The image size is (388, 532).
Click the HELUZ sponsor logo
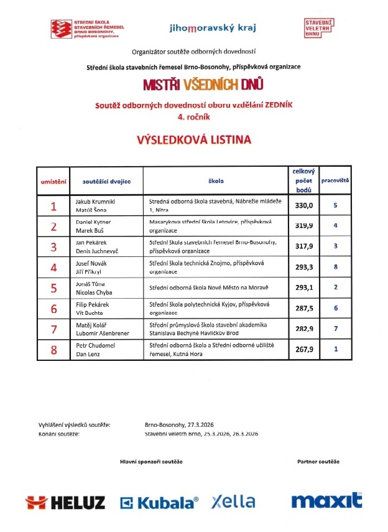pyautogui.click(x=65, y=502)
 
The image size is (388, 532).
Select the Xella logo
pyautogui.click(x=233, y=501)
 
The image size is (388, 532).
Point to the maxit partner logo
pyautogui.click(x=326, y=500)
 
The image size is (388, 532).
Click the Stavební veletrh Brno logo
pyautogui.click(x=318, y=29)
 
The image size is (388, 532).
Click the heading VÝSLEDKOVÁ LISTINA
pyautogui.click(x=194, y=140)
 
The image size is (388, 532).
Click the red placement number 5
pyautogui.click(x=53, y=287)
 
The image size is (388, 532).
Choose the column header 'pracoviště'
pyautogui.click(x=335, y=180)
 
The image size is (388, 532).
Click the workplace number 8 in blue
pyautogui.click(x=335, y=267)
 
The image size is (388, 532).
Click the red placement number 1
pyautogui.click(x=53, y=205)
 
